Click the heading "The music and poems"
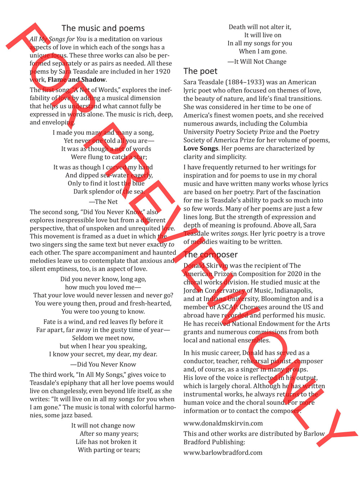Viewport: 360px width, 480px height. coord(103,28)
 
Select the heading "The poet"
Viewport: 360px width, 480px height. coord(201,71)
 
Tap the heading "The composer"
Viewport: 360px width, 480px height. coord(211,255)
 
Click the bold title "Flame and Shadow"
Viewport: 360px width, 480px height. coord(77,80)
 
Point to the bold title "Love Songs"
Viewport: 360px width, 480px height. coord(201,148)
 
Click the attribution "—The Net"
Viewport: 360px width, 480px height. coord(103,202)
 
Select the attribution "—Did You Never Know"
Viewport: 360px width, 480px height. coord(103,364)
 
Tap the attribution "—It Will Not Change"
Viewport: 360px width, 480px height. coord(257,62)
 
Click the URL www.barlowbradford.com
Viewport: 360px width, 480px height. coord(223,453)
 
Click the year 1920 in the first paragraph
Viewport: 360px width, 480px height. coord(162,71)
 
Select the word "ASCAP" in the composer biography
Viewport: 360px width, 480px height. coord(227,307)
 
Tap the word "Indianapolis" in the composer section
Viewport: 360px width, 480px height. coord(292,290)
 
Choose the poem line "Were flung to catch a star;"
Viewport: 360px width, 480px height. coord(109,157)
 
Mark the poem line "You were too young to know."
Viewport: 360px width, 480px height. coord(103,311)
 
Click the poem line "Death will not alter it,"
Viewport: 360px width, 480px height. coord(260,27)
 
